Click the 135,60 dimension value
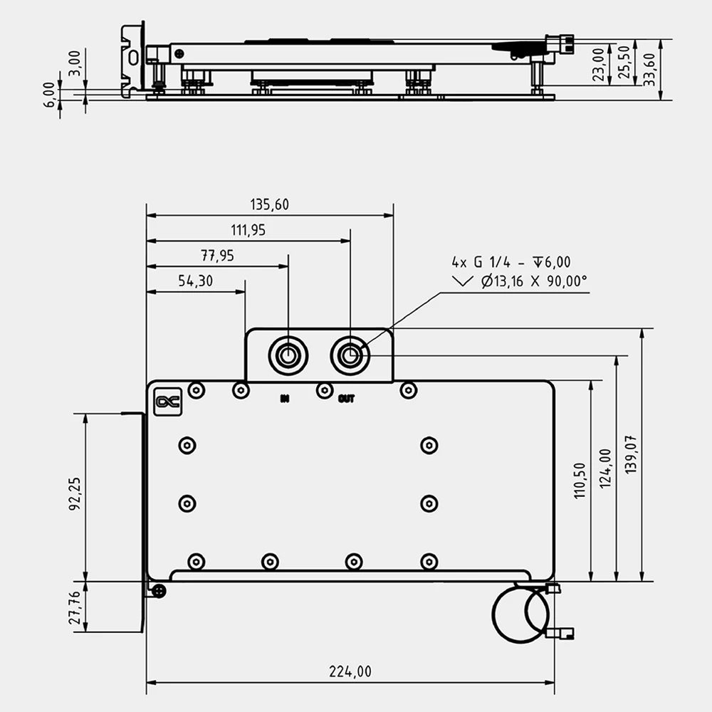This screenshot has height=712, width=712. (x=269, y=205)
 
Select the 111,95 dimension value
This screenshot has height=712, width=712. (x=248, y=230)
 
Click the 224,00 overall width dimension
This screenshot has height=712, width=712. (x=350, y=671)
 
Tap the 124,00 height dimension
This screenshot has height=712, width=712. (x=605, y=468)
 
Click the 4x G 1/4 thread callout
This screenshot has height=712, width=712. (x=511, y=263)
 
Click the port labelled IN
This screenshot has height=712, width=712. (x=288, y=354)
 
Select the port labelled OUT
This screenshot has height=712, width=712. (x=350, y=354)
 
